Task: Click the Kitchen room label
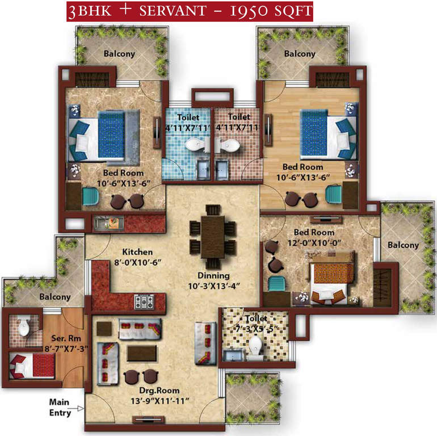click(x=137, y=252)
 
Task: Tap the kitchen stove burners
click(x=144, y=301)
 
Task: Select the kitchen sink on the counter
click(x=109, y=223)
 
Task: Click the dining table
click(x=213, y=237)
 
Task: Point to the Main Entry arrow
click(x=80, y=408)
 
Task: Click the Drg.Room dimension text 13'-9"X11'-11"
click(x=160, y=401)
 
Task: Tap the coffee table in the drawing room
click(x=142, y=353)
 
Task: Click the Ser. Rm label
click(x=66, y=338)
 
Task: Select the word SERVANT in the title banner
click(x=173, y=11)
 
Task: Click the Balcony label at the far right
click(x=404, y=245)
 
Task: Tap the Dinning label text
click(x=213, y=276)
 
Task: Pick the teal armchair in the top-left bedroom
click(x=90, y=196)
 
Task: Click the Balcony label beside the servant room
click(x=55, y=297)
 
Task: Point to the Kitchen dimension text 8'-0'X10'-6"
click(x=138, y=263)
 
